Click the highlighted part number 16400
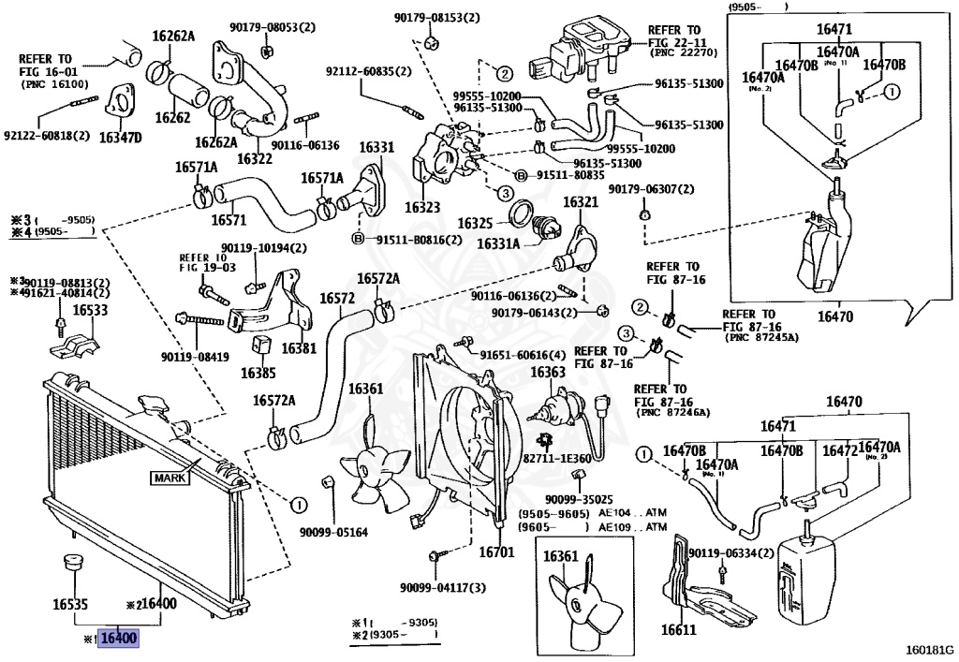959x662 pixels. [x=119, y=640]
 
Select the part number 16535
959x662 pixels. [x=70, y=605]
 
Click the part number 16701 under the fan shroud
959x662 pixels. [x=496, y=552]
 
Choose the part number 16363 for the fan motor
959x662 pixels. [x=548, y=372]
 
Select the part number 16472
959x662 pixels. [x=840, y=450]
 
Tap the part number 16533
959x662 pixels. [x=90, y=310]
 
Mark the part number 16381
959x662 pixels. [x=299, y=346]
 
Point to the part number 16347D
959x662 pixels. [x=120, y=138]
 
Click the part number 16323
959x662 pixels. [x=422, y=207]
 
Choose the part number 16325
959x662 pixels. [x=475, y=224]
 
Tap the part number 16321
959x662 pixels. [x=580, y=202]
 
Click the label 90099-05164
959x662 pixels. [x=333, y=532]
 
